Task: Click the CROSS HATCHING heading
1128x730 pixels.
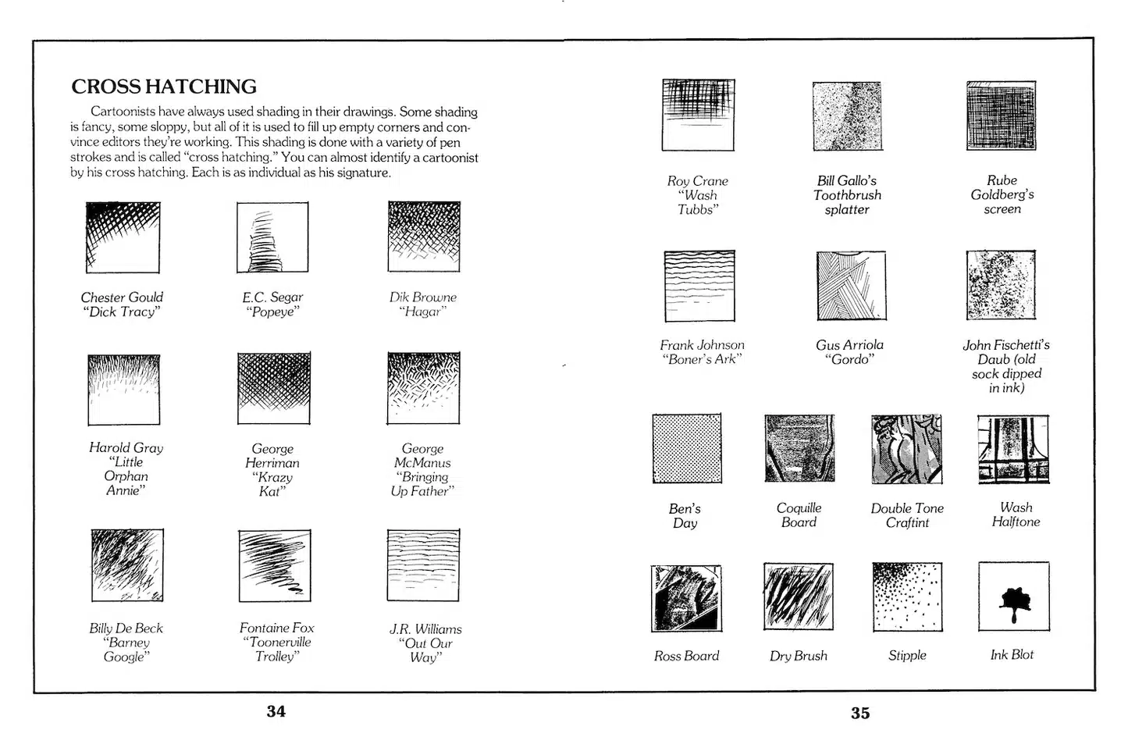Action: point(164,86)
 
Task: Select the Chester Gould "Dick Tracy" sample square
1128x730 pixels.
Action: point(123,237)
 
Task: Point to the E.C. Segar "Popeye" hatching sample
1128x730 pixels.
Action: point(272,237)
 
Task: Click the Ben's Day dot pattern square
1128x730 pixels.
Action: point(687,449)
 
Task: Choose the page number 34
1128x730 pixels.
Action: point(276,711)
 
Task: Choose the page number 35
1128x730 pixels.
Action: point(860,713)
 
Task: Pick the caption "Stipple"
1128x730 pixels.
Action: point(907,655)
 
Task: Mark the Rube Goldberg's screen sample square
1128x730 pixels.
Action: point(1001,116)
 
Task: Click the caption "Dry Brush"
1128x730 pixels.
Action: point(798,656)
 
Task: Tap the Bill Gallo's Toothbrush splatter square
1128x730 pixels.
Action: point(847,116)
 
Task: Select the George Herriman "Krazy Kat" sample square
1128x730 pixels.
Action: point(273,388)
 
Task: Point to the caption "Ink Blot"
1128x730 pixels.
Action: point(1012,654)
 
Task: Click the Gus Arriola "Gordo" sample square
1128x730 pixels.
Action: point(851,286)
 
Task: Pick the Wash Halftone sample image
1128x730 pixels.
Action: point(1013,449)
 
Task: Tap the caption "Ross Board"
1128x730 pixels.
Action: point(686,656)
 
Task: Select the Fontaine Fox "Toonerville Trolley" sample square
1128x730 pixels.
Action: point(275,566)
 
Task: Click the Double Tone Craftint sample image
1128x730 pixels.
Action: point(906,449)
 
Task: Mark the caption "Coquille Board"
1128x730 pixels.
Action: point(799,515)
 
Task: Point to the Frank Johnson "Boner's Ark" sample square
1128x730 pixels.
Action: point(699,286)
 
